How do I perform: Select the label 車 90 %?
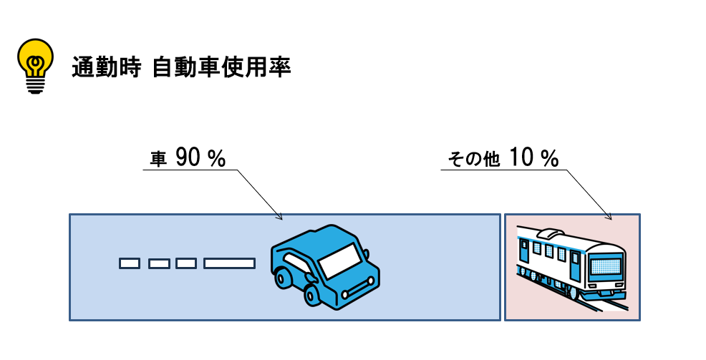click(x=188, y=159)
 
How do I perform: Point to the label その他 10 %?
click(x=503, y=159)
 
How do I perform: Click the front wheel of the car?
click(x=313, y=294)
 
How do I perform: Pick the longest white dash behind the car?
click(x=229, y=263)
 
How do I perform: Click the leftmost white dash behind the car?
click(x=130, y=263)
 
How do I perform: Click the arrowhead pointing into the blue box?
click(x=280, y=217)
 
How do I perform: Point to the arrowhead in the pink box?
click(x=609, y=217)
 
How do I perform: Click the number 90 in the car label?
click(x=189, y=159)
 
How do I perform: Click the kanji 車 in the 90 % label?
click(x=158, y=160)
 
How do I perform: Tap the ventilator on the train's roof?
click(x=549, y=233)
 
